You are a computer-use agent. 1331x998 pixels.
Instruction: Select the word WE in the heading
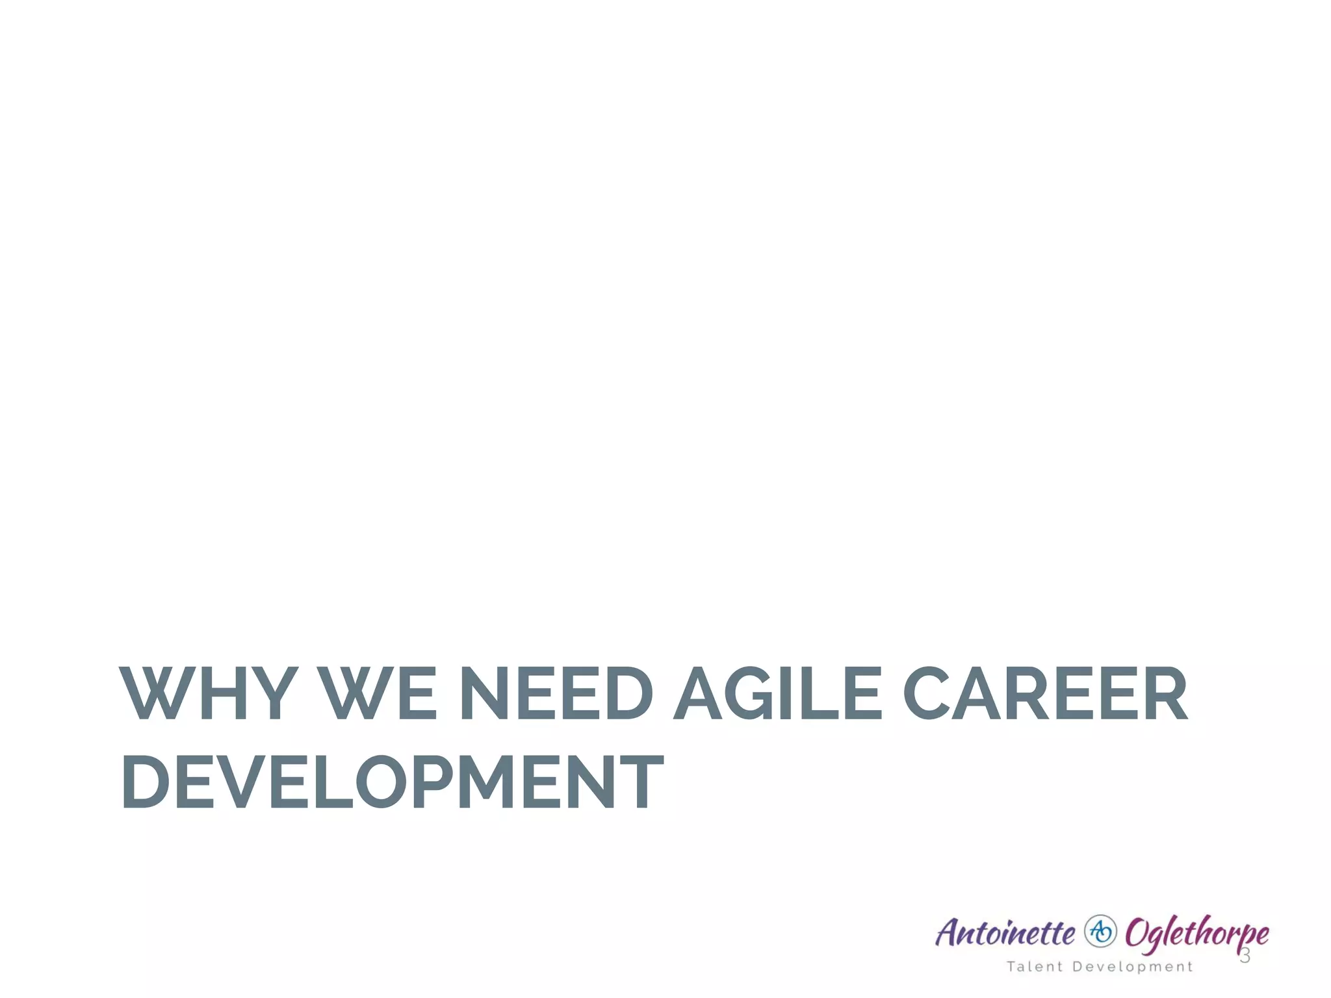tap(380, 693)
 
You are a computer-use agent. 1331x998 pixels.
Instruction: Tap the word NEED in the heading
tap(556, 693)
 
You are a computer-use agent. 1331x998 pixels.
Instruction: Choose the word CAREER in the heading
tap(1046, 693)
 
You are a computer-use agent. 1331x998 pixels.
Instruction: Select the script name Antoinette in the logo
tap(1005, 934)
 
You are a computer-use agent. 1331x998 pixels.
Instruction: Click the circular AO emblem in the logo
tap(1100, 932)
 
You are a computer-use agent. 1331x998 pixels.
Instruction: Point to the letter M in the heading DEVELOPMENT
tap(490, 782)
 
